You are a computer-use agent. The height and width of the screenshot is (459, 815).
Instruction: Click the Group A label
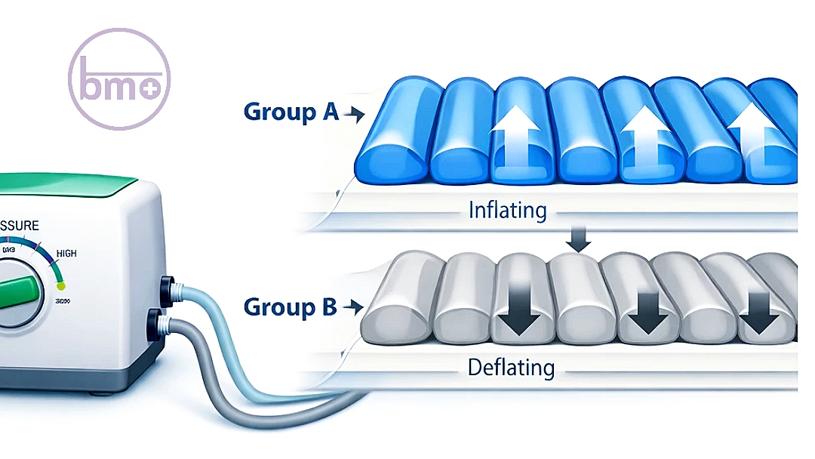click(x=291, y=112)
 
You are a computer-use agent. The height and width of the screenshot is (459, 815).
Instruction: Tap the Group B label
click(x=290, y=308)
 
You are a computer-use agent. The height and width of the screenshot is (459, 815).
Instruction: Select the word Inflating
click(x=507, y=209)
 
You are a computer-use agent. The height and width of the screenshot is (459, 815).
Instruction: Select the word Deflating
click(x=511, y=368)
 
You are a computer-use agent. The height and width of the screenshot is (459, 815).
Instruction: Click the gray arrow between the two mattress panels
click(x=580, y=242)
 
